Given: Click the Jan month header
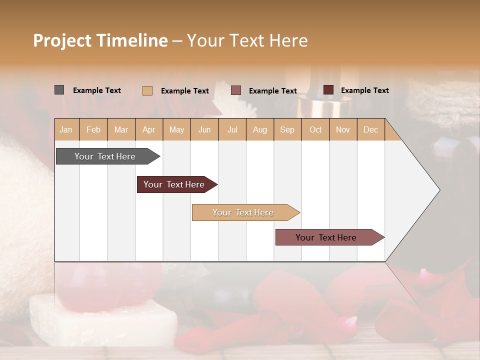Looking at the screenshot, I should click(x=66, y=129).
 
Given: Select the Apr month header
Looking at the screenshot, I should click(x=149, y=129).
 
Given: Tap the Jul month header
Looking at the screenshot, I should click(x=232, y=129).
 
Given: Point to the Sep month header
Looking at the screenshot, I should click(x=287, y=129).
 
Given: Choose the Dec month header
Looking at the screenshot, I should click(x=370, y=129).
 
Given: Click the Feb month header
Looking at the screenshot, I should click(x=93, y=129).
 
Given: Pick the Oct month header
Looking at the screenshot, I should click(x=315, y=129).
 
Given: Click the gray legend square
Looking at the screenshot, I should click(x=59, y=90).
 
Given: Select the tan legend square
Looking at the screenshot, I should click(x=147, y=90).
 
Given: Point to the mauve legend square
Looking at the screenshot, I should click(x=236, y=90).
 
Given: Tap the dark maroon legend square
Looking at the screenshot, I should click(x=328, y=90).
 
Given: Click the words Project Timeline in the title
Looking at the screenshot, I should click(x=100, y=40).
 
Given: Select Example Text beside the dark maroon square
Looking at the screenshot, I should click(x=364, y=90).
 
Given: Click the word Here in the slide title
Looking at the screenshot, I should click(x=288, y=40).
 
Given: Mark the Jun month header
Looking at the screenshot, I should click(x=204, y=129).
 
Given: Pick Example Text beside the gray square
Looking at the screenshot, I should click(x=97, y=90).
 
